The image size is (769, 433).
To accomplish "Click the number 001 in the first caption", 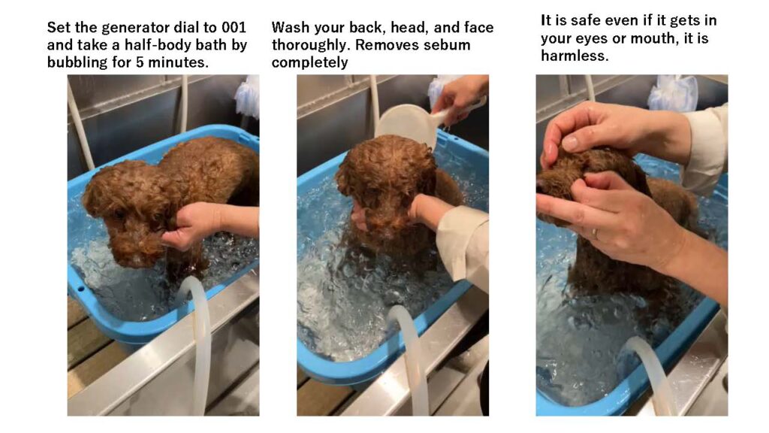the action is pyautogui.click(x=234, y=27).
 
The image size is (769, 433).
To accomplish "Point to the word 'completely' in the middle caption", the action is pyautogui.click(x=310, y=63).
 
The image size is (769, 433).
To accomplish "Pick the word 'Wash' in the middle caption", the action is pyautogui.click(x=290, y=28).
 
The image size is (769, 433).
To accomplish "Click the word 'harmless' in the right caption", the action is pyautogui.click(x=574, y=56).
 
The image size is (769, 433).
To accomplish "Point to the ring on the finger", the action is pyautogui.click(x=596, y=234).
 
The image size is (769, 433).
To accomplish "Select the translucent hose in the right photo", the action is pyautogui.click(x=651, y=373).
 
